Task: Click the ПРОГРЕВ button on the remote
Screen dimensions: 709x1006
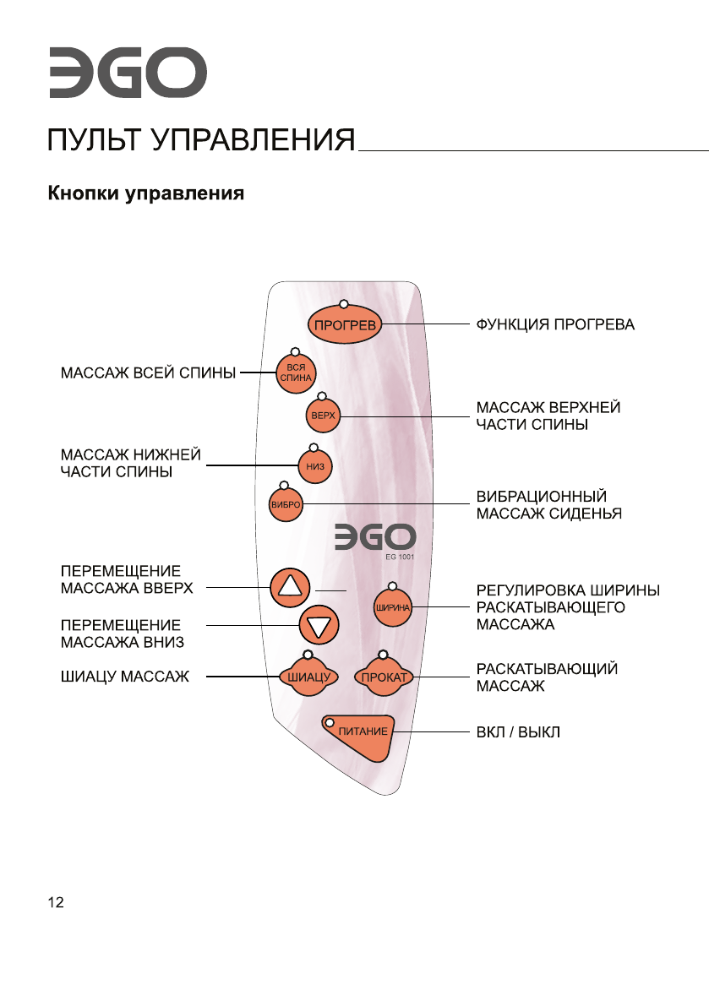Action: point(344,324)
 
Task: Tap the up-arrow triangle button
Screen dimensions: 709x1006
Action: point(290,586)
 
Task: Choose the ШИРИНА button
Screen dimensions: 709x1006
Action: point(392,606)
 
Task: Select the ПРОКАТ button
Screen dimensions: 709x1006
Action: point(384,677)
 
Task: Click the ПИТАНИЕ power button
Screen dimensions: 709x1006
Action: point(362,731)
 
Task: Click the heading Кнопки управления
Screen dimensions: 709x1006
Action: point(145,194)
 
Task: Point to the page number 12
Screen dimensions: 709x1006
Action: point(55,903)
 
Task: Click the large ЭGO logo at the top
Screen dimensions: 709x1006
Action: point(127,73)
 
